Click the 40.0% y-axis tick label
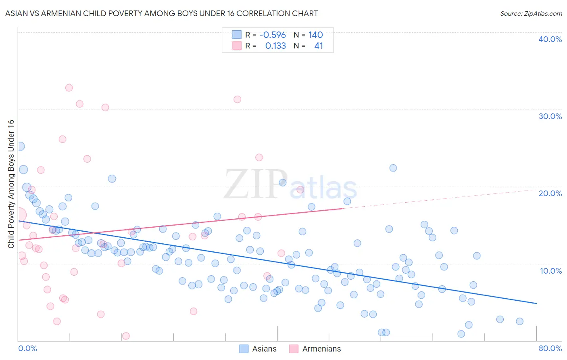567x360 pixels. click(x=550, y=39)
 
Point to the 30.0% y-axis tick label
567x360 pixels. click(x=550, y=116)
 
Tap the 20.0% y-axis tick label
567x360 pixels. click(x=550, y=193)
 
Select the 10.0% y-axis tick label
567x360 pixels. click(x=550, y=271)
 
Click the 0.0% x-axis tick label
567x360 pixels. click(x=28, y=348)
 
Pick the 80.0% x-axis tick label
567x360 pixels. click(x=550, y=348)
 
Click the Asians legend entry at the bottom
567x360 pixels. click(x=258, y=349)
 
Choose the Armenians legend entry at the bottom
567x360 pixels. click(x=315, y=349)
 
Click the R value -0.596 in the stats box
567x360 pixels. click(x=273, y=35)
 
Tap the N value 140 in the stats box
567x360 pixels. click(x=315, y=35)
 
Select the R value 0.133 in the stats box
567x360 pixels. click(x=275, y=46)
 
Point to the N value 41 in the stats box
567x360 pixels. click(x=319, y=46)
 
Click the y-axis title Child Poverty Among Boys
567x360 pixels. click(x=11, y=184)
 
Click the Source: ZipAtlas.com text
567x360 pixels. click(x=531, y=14)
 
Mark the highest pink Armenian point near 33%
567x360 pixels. click(x=69, y=88)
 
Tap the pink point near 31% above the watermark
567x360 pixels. click(x=237, y=99)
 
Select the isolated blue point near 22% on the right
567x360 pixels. click(x=393, y=168)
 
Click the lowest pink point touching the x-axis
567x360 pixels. click(x=126, y=336)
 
